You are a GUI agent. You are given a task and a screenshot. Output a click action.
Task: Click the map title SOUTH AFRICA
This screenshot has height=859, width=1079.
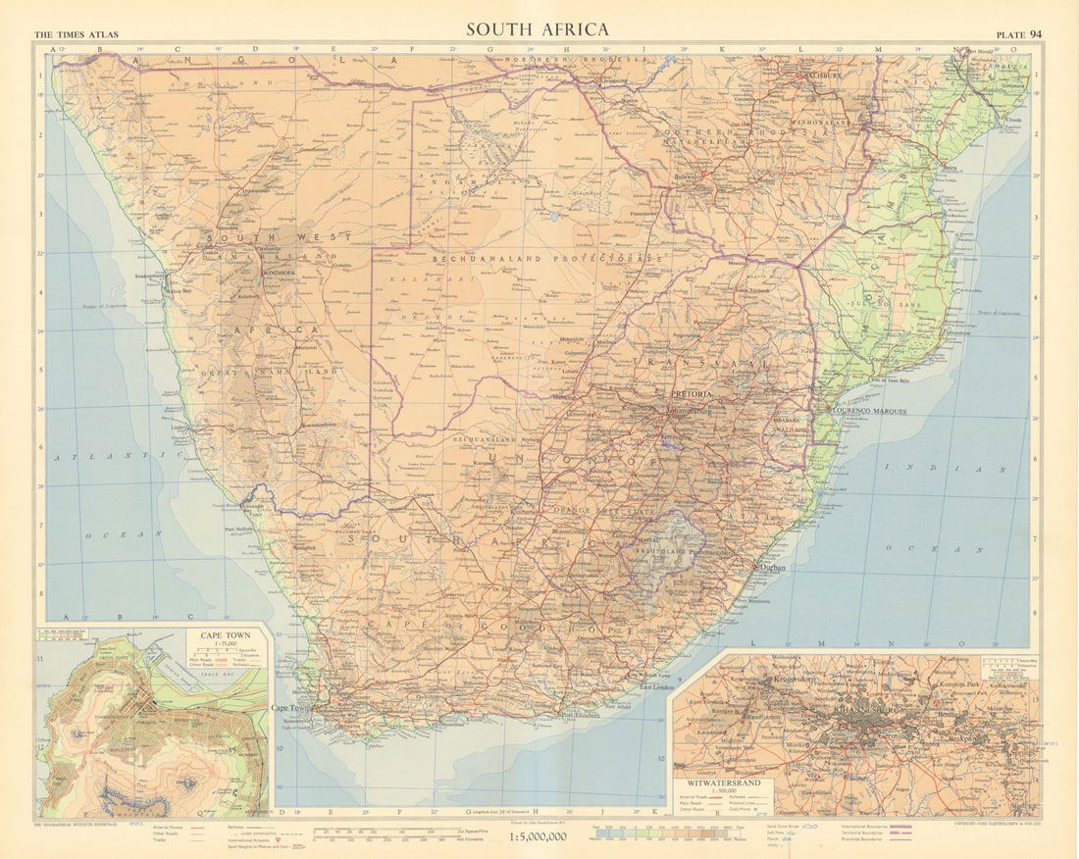coord(537,29)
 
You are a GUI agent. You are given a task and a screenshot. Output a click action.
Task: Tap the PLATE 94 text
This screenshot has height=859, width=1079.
coord(1021,34)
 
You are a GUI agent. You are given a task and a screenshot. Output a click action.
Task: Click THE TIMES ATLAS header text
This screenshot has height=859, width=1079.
coord(77,35)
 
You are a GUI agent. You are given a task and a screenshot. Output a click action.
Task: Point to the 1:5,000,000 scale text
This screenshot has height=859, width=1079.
coord(539,837)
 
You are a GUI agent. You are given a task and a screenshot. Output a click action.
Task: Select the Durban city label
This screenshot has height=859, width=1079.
coord(772,568)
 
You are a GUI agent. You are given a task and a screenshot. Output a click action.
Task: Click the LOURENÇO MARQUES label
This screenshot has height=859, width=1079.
coord(869,411)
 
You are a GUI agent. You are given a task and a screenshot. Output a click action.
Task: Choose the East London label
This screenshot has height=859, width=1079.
coord(659,686)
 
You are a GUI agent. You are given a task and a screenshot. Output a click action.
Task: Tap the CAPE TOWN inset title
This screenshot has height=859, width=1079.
coord(225,635)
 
